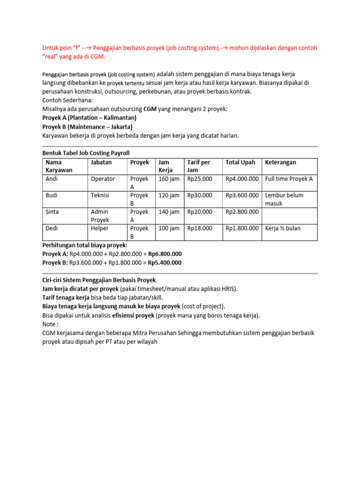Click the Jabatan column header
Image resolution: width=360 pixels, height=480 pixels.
coord(102,162)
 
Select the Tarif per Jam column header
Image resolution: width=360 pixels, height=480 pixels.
coord(198,166)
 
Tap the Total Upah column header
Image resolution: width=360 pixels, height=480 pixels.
coord(240,162)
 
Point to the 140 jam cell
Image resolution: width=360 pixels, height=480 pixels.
coord(169,212)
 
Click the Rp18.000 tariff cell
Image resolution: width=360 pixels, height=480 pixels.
coord(200,228)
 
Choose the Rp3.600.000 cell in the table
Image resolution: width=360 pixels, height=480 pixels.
coord(242,195)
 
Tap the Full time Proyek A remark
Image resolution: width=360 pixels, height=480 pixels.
coord(289,179)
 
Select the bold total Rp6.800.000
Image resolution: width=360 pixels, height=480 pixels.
coord(165,254)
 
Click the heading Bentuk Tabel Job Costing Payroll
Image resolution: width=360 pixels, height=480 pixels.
coord(86,153)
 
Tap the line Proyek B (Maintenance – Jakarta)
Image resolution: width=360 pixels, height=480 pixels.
coord(88,127)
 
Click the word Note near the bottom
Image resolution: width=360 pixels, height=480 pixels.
coord(50,324)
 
